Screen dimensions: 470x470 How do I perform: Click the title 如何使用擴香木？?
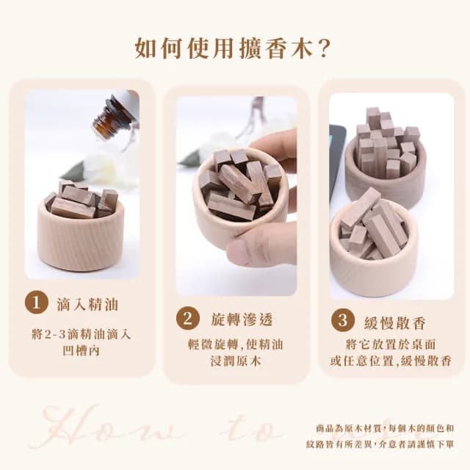coord(234,48)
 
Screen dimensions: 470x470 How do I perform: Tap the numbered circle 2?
coord(187,319)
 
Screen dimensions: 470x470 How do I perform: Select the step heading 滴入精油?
coord(87,303)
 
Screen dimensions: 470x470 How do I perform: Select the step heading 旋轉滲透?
coord(239,319)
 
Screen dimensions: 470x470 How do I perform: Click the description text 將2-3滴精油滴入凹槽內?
coord(82,342)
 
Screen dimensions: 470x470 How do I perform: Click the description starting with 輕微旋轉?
coord(236,352)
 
